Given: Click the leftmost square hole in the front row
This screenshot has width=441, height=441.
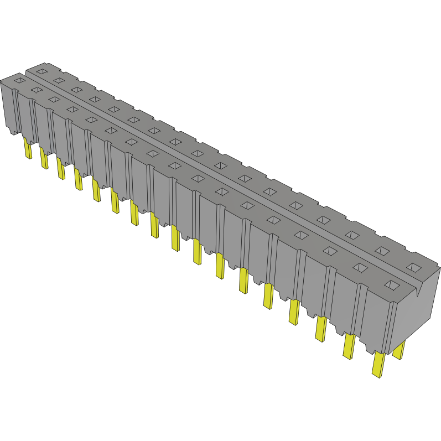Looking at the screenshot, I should [x=19, y=81].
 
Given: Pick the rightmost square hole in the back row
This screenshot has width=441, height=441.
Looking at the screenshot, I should [x=413, y=267].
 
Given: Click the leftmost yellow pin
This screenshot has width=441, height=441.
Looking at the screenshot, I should [x=27, y=148].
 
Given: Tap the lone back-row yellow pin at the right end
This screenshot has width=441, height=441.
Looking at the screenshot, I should [x=398, y=350].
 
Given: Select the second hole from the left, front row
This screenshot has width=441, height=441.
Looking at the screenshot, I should [x=37, y=90].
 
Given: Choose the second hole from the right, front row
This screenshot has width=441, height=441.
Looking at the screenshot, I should [x=360, y=268].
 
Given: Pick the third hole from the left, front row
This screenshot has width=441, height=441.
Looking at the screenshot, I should [x=54, y=99].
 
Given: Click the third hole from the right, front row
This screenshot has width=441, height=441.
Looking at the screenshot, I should [x=330, y=251].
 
